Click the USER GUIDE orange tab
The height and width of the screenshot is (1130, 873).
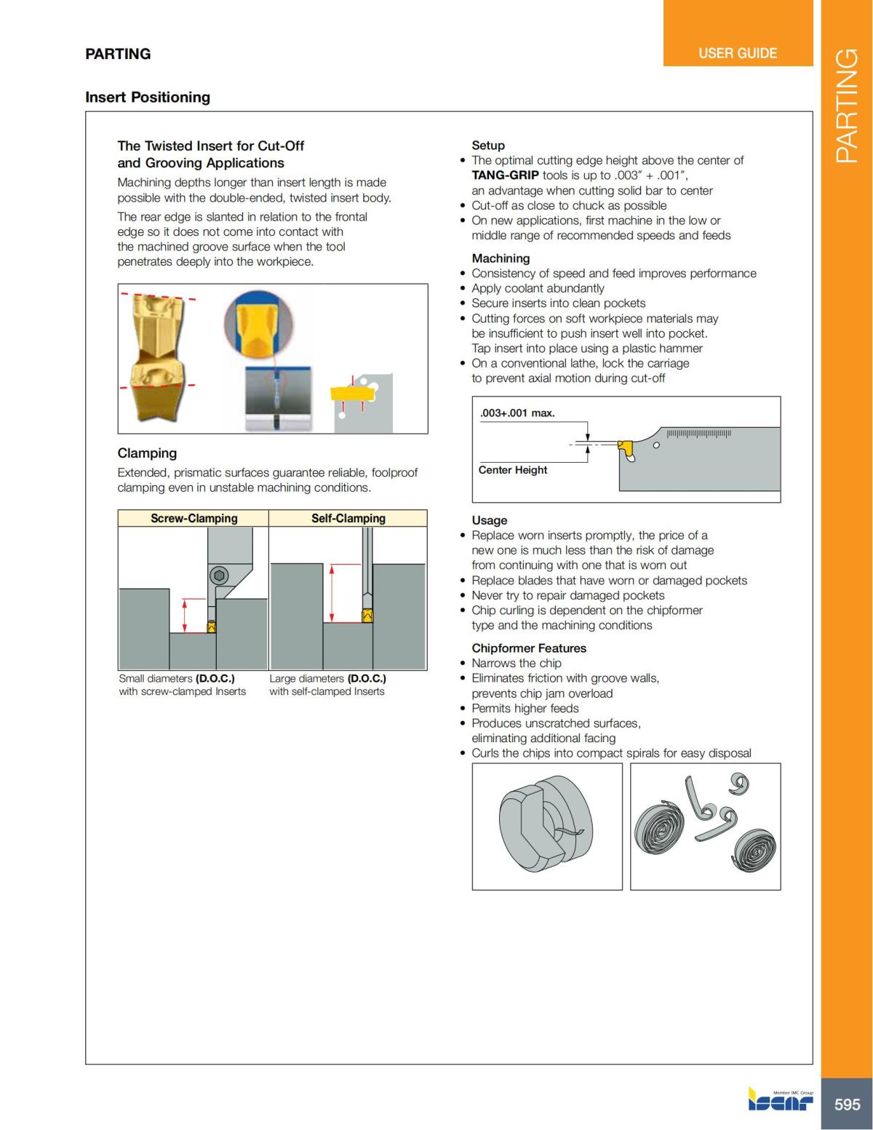pos(738,53)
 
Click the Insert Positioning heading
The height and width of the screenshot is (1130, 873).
pos(148,98)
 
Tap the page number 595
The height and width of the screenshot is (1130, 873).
pos(847,1104)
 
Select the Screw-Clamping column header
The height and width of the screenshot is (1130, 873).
pos(194,518)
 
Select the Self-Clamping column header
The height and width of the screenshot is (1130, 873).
pos(348,518)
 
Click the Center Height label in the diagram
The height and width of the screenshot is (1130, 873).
pos(513,470)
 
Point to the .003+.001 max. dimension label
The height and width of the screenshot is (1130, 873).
pos(517,413)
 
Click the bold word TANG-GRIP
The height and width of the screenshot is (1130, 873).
pos(505,175)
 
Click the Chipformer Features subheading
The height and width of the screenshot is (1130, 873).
pos(528,648)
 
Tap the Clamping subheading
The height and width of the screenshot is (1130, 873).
pos(147,453)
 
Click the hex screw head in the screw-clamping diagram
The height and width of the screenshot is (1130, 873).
pos(218,576)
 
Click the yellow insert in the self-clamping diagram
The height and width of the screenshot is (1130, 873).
pos(367,616)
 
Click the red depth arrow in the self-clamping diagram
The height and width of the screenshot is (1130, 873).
pos(332,593)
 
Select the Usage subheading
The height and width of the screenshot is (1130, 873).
pos(489,520)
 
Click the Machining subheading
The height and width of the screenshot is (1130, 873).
pos(501,258)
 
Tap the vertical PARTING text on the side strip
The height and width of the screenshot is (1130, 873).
pos(847,106)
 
